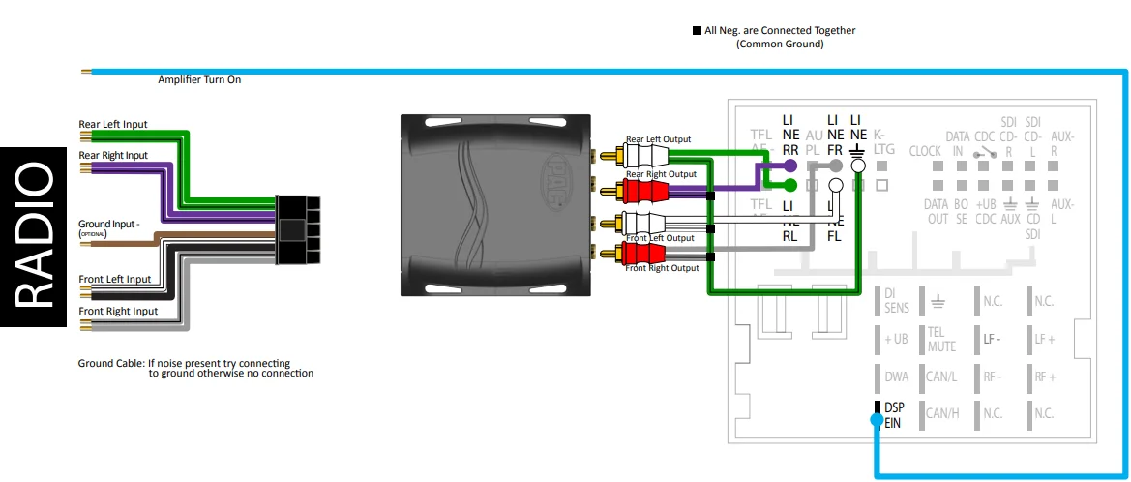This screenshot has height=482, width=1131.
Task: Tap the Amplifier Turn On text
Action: pos(199,79)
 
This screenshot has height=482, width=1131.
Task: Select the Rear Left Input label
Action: pos(113,124)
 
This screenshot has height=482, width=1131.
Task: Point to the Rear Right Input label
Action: pos(113,155)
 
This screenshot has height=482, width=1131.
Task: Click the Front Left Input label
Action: pos(114,279)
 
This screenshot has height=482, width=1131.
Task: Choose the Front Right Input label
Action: pos(118,311)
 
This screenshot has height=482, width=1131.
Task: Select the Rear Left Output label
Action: pos(658,139)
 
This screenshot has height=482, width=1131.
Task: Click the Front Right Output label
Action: pos(662,268)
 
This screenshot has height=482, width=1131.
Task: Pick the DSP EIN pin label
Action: pos(893,414)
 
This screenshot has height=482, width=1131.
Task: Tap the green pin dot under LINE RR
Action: pos(790,184)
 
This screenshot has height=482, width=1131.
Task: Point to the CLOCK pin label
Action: pos(925,151)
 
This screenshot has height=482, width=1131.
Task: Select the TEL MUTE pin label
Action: pos(941,339)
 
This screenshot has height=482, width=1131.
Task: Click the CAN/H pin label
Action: pos(941,413)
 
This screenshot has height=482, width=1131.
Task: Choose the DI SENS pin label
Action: pos(897,301)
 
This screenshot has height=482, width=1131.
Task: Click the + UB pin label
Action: pos(896,339)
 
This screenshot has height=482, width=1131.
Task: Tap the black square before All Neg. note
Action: pos(697,31)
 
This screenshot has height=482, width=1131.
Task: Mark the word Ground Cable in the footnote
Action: pos(110,364)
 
